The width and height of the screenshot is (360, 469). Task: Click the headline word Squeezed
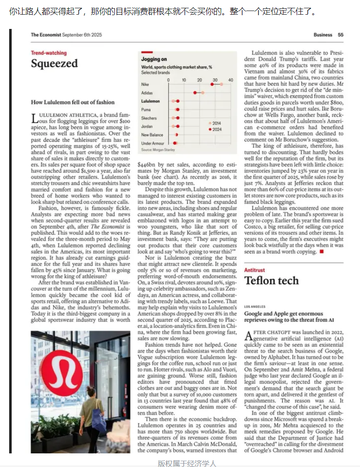pyautogui.click(x=54, y=63)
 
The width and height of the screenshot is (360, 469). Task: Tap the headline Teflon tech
pyautogui.click(x=271, y=281)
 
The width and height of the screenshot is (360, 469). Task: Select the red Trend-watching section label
pyautogui.click(x=49, y=53)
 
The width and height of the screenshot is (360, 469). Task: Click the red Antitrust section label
pyautogui.click(x=254, y=271)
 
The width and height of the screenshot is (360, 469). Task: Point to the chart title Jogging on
pyautogui.click(x=154, y=59)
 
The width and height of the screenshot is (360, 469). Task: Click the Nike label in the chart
pyautogui.click(x=145, y=85)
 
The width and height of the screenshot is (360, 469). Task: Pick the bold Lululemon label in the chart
pyautogui.click(x=151, y=101)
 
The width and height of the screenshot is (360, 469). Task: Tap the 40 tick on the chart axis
pyautogui.click(x=231, y=80)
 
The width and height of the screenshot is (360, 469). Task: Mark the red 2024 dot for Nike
pyautogui.click(x=212, y=85)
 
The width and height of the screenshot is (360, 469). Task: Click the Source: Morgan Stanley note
pyautogui.click(x=158, y=150)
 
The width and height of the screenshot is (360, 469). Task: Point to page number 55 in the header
pyautogui.click(x=340, y=35)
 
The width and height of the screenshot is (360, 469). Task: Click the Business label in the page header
pyautogui.click(x=323, y=35)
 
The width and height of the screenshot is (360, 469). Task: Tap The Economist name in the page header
pyautogui.click(x=45, y=35)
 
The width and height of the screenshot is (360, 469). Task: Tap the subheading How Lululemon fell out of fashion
pyautogui.click(x=73, y=102)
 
